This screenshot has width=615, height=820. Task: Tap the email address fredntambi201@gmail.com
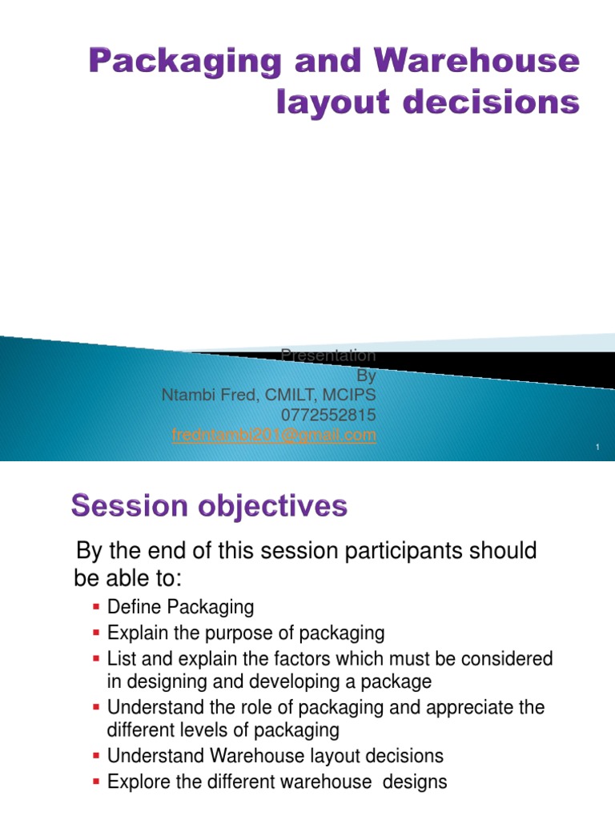pyautogui.click(x=274, y=435)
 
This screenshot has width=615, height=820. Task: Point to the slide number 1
pyautogui.click(x=597, y=447)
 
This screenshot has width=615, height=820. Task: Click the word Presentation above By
pyautogui.click(x=328, y=355)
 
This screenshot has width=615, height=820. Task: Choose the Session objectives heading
pyautogui.click(x=209, y=506)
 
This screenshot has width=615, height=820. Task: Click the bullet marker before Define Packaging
pyautogui.click(x=96, y=608)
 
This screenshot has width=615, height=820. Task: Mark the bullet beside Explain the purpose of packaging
pyautogui.click(x=96, y=634)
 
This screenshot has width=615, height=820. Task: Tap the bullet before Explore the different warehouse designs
pyautogui.click(x=96, y=781)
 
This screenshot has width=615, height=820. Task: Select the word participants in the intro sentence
pyautogui.click(x=394, y=551)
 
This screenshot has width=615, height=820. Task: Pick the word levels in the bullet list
pyautogui.click(x=199, y=730)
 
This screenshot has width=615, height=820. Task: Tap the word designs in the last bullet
pyautogui.click(x=415, y=781)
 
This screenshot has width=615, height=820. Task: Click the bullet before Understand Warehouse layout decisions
pyautogui.click(x=96, y=757)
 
